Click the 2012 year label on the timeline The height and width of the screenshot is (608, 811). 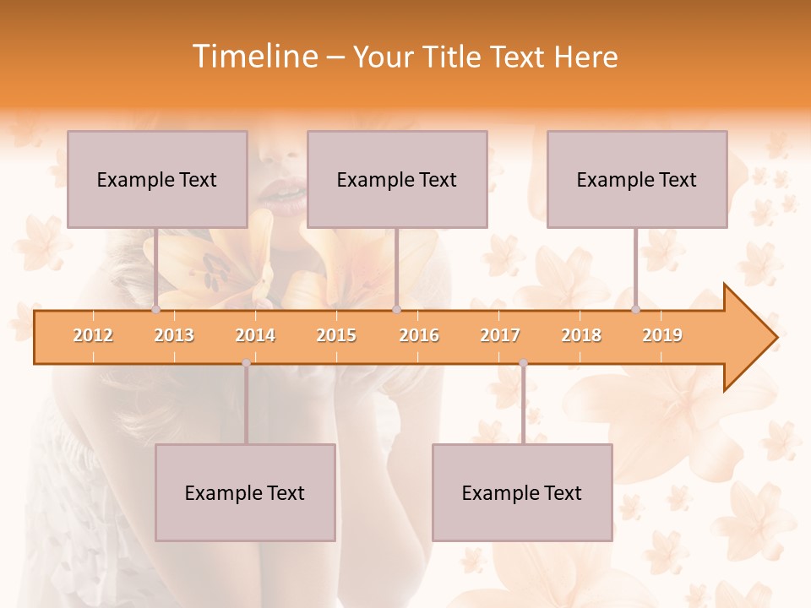coord(93,335)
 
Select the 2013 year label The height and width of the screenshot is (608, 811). coord(174,335)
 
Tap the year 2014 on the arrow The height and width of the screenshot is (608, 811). coord(255,335)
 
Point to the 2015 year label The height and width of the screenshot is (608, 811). coord(336,335)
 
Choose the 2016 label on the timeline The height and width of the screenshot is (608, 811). coord(419,335)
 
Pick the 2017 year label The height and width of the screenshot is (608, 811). coord(500,335)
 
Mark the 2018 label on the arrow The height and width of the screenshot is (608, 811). coord(581,335)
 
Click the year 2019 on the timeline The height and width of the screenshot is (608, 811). coord(662,335)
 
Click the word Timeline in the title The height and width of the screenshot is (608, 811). coord(253,57)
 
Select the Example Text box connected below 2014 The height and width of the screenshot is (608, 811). coord(245,492)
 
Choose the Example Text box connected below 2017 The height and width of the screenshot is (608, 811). coord(522,492)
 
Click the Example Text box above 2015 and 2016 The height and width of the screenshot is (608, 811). coord(397,179)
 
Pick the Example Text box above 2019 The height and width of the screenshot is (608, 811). coord(637,179)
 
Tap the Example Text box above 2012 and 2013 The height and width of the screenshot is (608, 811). coord(157,179)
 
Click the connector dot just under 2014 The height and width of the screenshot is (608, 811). coord(246,363)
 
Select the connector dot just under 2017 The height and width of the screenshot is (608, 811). coord(523,363)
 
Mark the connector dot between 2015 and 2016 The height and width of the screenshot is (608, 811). coord(396,310)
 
